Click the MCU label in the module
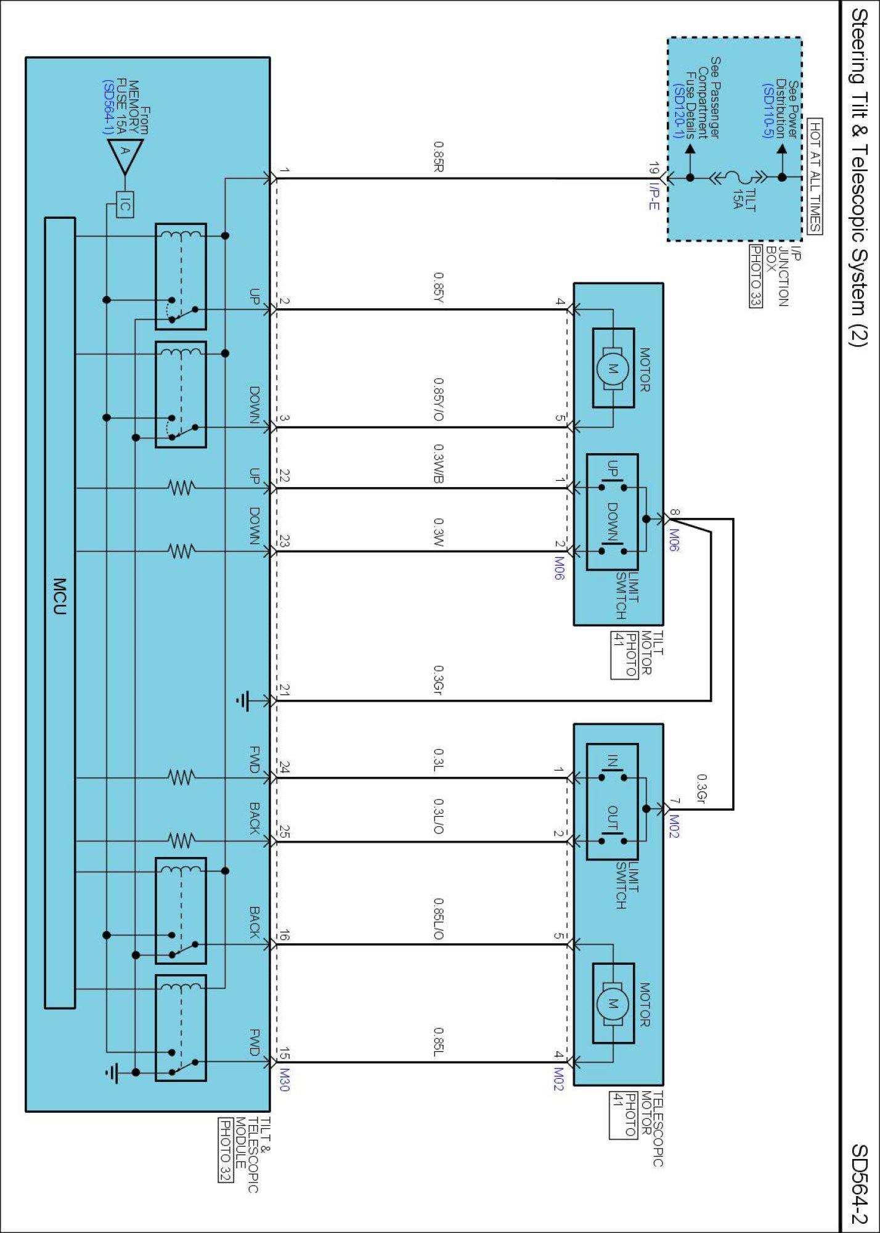[x=59, y=596]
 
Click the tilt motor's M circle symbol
[x=613, y=369]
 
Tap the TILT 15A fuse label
[x=744, y=199]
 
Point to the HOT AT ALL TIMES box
[x=815, y=176]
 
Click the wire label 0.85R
[x=439, y=157]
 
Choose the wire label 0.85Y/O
[x=438, y=399]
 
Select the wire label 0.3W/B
[x=438, y=464]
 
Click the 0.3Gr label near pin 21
[x=438, y=679]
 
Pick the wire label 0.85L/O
[x=438, y=919]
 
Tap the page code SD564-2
[x=860, y=1184]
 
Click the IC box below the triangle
[x=124, y=205]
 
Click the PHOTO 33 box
[x=756, y=276]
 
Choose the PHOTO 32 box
[x=226, y=1150]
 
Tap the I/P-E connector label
[x=654, y=196]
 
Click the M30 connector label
[x=284, y=1080]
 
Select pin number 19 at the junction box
[x=654, y=169]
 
